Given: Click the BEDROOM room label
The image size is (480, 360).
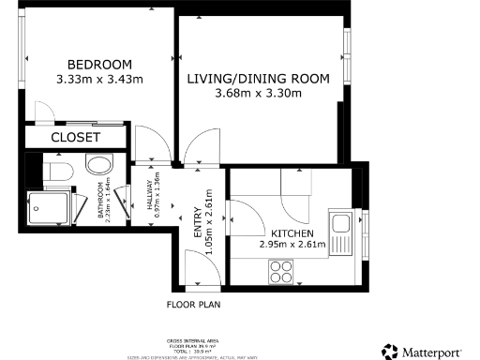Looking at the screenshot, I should (x=91, y=63).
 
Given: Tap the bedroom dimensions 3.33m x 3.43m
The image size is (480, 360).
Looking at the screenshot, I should (x=99, y=79).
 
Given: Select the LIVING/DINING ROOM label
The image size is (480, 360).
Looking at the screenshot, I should (x=258, y=79).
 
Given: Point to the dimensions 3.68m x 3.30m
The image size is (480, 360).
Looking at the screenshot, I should (x=258, y=94).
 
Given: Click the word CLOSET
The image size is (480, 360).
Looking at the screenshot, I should (x=75, y=137).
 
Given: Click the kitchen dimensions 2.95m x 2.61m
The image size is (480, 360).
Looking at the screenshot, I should (x=292, y=246).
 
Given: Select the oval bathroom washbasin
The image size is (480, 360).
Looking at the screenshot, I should (x=97, y=167).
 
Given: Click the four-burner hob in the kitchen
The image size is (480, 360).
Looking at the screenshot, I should (x=281, y=271).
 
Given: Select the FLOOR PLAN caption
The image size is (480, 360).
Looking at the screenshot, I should (x=194, y=305).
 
